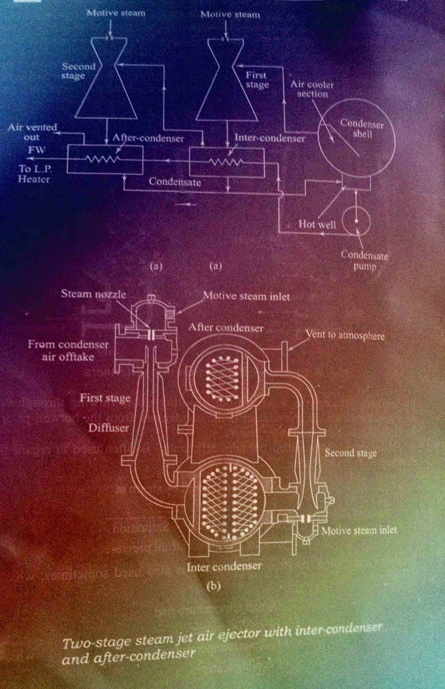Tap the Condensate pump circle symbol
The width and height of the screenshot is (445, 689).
point(356,221)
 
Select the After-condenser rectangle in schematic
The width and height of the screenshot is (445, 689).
point(105,159)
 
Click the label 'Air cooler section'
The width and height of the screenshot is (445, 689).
point(312,89)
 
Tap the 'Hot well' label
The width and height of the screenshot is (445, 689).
point(317,224)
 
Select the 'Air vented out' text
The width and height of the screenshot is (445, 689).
point(32,132)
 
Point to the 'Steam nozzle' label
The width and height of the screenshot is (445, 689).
point(93,294)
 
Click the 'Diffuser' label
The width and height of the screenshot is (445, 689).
point(109,428)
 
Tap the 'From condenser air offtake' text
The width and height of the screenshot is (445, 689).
point(68,350)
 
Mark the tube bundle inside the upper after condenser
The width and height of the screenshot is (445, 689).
point(223,378)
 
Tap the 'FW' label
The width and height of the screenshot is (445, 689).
point(37,150)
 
